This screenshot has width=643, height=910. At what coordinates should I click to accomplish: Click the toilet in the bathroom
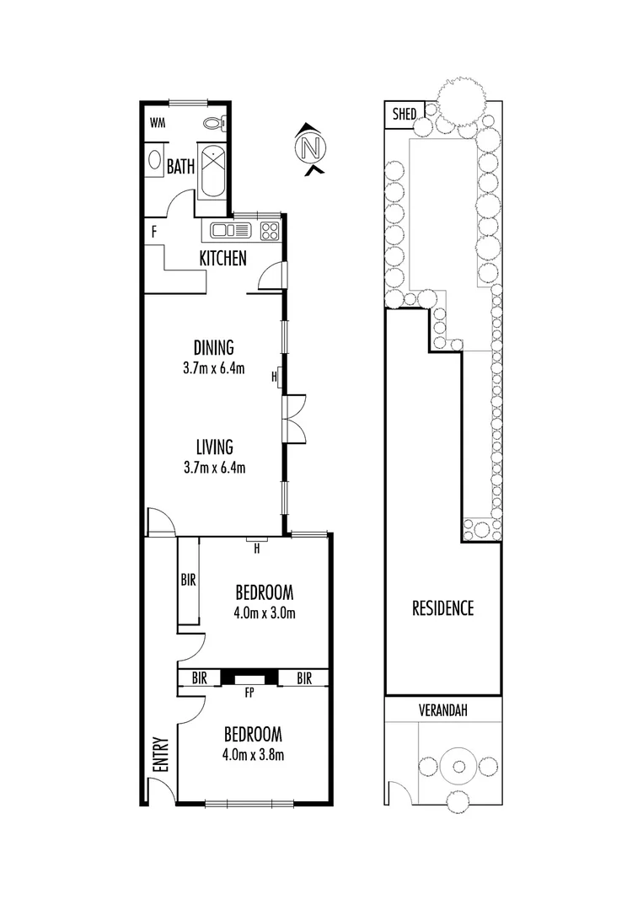click(x=214, y=123)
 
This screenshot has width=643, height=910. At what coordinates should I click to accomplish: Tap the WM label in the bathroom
click(x=157, y=123)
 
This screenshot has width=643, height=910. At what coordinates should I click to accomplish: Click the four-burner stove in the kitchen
click(x=269, y=229)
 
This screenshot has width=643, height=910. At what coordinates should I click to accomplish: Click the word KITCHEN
click(x=222, y=259)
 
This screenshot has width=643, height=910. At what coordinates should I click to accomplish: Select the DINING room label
click(x=213, y=347)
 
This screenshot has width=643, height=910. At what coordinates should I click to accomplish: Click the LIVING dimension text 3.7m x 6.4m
click(x=214, y=468)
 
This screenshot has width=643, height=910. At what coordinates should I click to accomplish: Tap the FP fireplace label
click(x=249, y=694)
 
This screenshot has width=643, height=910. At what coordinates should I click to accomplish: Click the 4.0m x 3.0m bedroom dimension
click(x=265, y=613)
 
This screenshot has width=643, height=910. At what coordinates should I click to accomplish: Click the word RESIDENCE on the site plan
click(x=442, y=608)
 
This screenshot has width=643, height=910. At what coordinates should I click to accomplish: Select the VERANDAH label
click(x=443, y=710)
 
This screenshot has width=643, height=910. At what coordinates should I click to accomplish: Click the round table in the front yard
click(x=459, y=766)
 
